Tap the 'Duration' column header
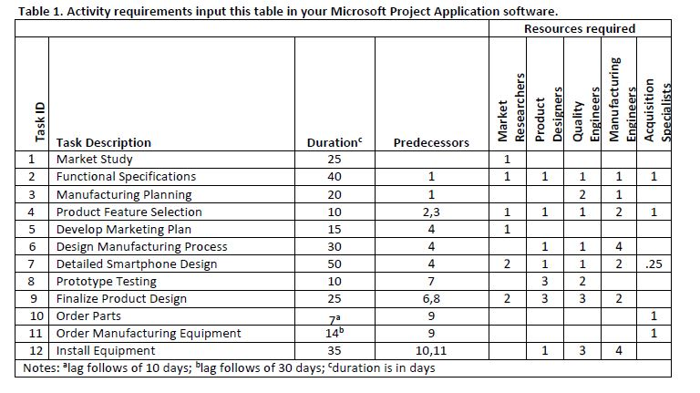click(x=333, y=142)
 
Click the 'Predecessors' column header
click(x=431, y=142)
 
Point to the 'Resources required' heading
click(x=580, y=29)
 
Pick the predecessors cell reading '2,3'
click(x=431, y=212)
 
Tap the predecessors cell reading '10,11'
click(x=431, y=351)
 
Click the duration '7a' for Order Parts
click(x=333, y=315)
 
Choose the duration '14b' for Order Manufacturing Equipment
click(x=333, y=333)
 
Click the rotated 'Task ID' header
click(x=40, y=121)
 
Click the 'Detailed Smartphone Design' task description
click(x=137, y=264)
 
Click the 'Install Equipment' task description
click(x=106, y=351)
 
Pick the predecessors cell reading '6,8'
click(x=431, y=299)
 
